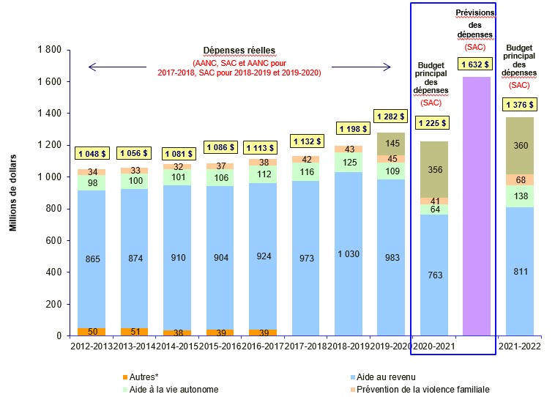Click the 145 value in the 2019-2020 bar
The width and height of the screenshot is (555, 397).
click(392, 143)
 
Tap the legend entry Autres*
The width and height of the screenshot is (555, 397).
click(147, 376)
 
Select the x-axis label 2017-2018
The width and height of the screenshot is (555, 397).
click(305, 345)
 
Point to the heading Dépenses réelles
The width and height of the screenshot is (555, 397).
click(240, 51)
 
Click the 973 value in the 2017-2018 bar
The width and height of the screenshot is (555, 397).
click(305, 258)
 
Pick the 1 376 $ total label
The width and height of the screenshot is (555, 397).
click(519, 105)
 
